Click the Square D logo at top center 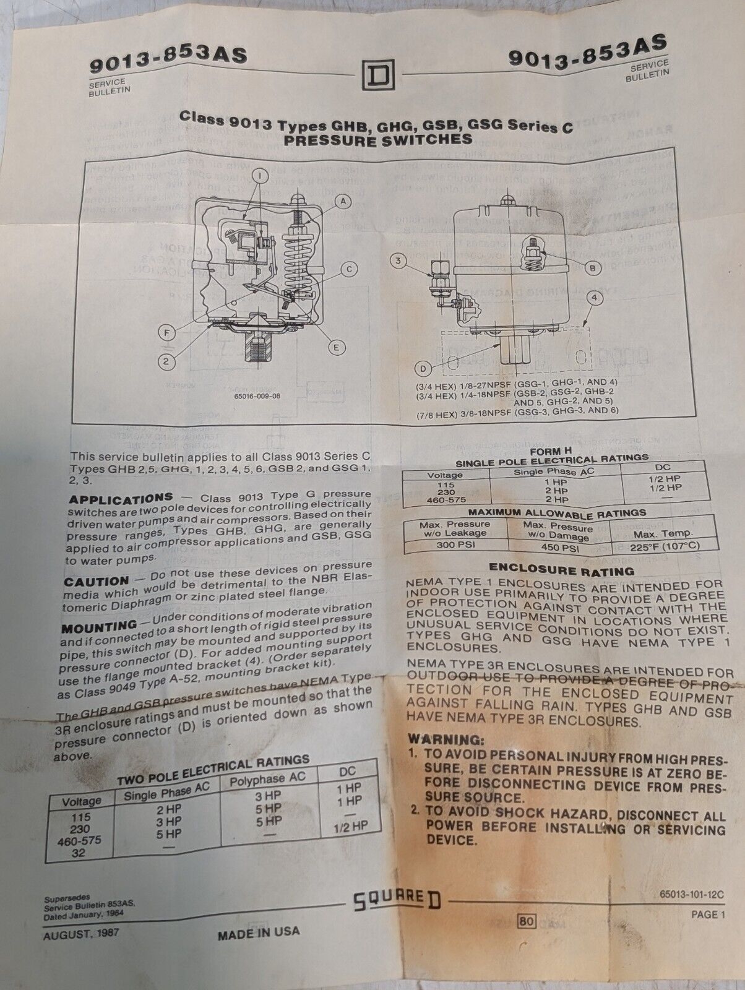376,76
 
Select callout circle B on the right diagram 592,268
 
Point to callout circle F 166,333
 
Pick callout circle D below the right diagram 424,369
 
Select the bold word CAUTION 96,582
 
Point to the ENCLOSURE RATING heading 561,569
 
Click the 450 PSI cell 559,548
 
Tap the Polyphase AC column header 267,780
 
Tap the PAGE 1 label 707,915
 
